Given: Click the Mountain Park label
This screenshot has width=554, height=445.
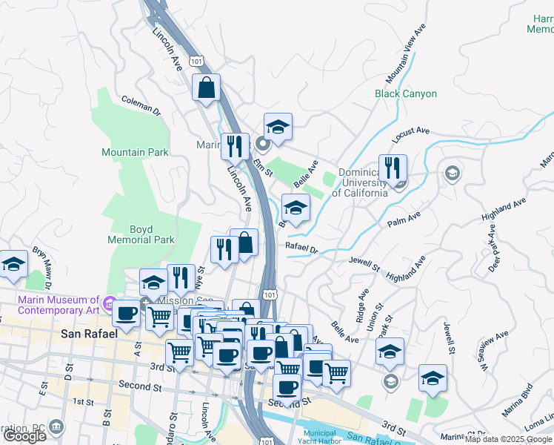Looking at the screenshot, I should [135, 152].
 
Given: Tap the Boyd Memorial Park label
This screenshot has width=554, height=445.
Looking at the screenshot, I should [141, 234].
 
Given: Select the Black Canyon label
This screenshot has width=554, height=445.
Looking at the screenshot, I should [406, 94].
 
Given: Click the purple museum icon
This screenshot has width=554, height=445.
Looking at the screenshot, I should [110, 303].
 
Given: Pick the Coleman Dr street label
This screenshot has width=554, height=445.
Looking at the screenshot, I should [141, 105].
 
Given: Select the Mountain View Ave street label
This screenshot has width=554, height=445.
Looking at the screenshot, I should [407, 53].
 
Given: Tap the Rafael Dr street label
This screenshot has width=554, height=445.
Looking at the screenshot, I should [301, 248].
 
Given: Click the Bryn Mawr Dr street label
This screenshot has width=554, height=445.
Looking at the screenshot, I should [41, 272].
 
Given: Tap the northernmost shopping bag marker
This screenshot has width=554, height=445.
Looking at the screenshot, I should [207, 88].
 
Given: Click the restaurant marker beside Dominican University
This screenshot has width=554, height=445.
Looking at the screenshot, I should [393, 168].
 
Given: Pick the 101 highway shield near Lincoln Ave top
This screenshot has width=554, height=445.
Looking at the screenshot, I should [196, 59].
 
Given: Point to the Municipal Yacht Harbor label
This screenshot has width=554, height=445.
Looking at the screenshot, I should [320, 436].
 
